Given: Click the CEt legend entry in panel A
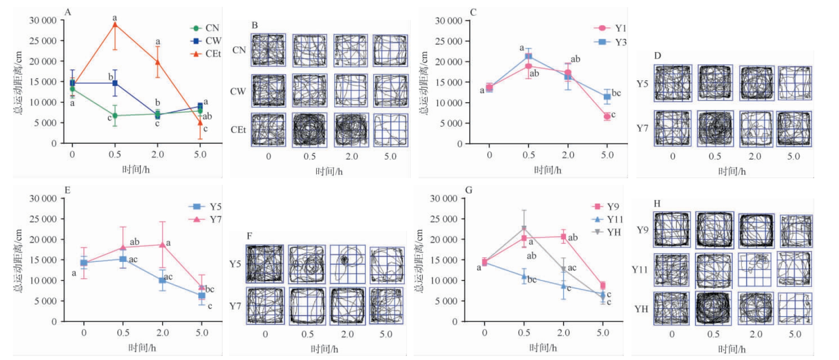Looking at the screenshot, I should coord(206,54).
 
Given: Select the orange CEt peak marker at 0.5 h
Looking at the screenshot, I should coord(115,25).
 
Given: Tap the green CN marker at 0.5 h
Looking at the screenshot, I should coord(115,116).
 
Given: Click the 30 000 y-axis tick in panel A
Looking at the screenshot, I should coord(43,20).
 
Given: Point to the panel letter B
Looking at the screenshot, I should coord(255,26).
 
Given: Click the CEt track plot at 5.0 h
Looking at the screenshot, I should coord(391,130).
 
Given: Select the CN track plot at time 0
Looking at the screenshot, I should coord(268,50).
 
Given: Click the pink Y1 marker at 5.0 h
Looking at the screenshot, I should coord(607,117).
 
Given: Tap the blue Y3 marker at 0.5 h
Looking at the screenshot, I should coord(529,56).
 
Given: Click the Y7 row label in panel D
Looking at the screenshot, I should coord(642,129).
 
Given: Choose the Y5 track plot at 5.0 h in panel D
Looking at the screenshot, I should coord(795,83).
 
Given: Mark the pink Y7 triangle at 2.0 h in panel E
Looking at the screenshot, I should coord(162,245).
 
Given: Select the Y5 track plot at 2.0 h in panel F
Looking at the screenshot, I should coord(347,264).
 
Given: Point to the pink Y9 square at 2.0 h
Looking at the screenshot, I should coord(564,237).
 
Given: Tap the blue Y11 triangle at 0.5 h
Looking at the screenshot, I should coord(524,277).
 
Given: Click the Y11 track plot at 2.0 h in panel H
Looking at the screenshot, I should coord(755,270).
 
